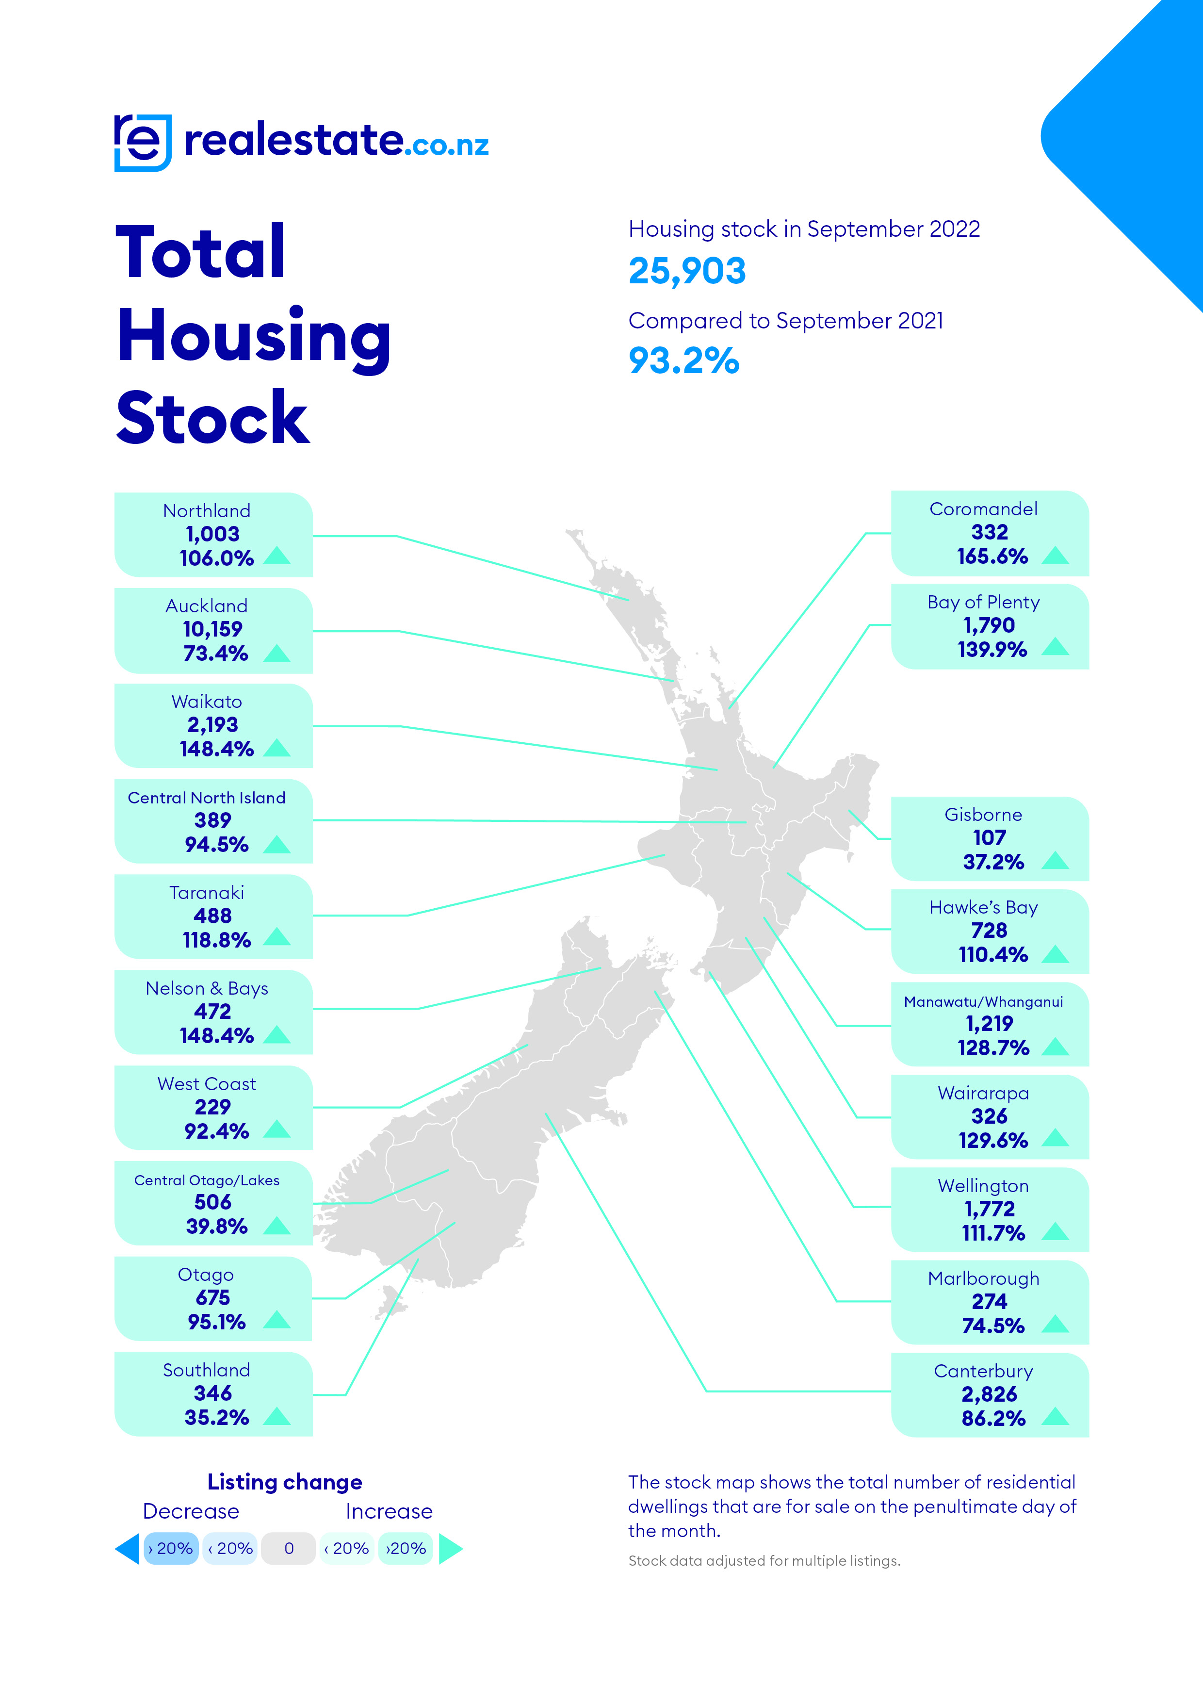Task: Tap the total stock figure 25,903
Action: tap(686, 271)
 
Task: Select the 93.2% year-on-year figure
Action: tap(683, 361)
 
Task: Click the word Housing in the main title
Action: tap(254, 337)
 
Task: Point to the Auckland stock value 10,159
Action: tap(213, 629)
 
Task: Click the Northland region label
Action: tap(207, 511)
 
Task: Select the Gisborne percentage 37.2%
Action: tap(993, 862)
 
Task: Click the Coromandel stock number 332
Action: tap(990, 532)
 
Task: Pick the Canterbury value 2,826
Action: tap(990, 1394)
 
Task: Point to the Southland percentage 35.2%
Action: tap(216, 1417)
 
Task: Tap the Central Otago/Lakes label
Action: tap(207, 1180)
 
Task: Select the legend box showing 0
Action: tap(289, 1549)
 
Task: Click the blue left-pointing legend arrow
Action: tap(128, 1549)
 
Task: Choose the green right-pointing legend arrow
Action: tap(450, 1549)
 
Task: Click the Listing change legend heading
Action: tap(285, 1482)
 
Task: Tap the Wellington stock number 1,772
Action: tap(990, 1209)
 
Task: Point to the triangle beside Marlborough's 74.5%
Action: tap(1055, 1324)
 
